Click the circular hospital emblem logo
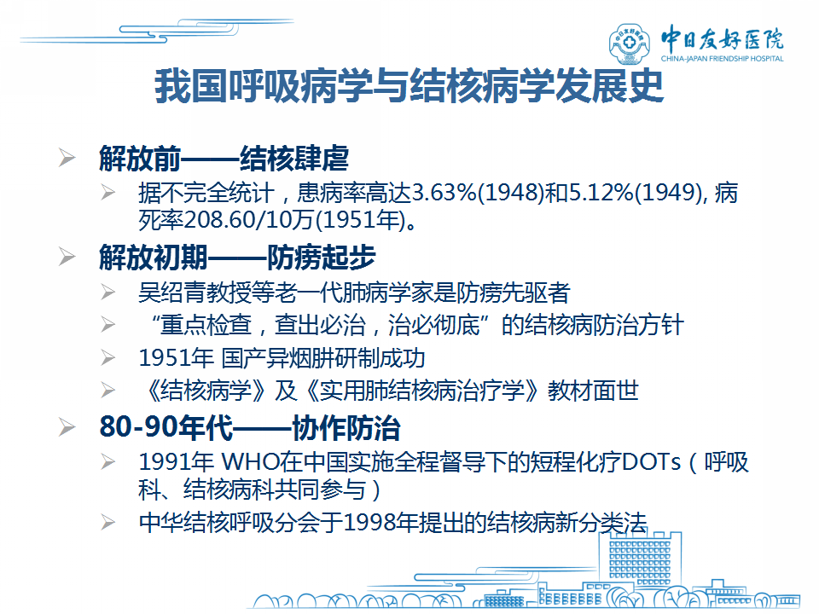630,43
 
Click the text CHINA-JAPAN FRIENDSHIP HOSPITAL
722,59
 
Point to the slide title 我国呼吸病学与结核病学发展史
409,86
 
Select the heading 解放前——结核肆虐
224,159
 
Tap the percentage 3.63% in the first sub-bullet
444,193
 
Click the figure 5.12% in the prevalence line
601,193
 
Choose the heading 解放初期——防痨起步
238,258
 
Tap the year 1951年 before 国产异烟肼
176,358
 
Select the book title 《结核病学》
206,391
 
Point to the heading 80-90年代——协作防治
250,427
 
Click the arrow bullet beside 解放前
67,158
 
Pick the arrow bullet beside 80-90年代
67,427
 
